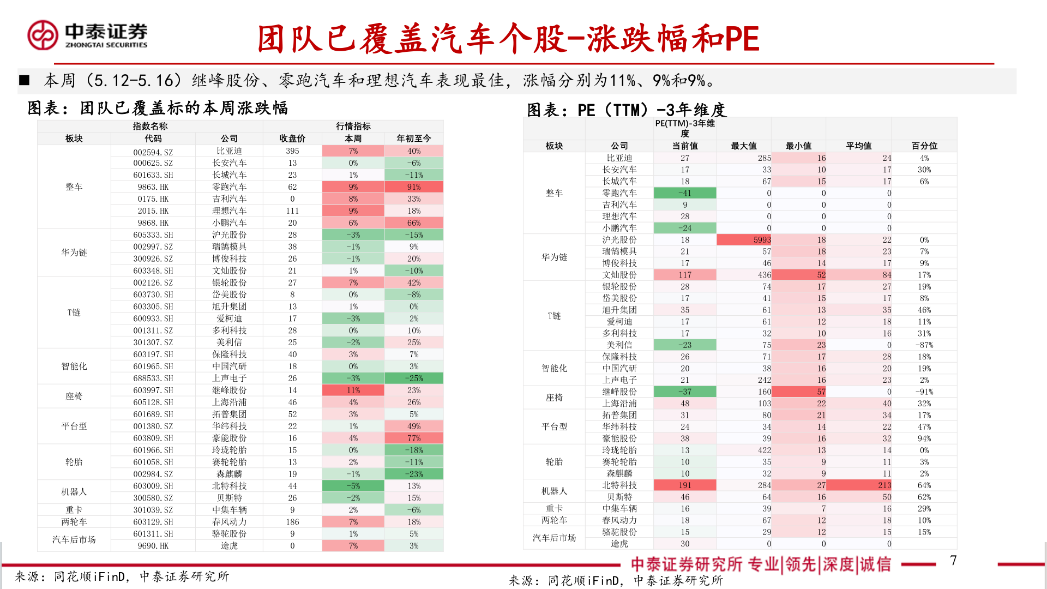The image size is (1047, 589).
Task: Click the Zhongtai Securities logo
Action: click(x=87, y=35)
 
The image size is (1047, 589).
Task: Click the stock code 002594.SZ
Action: click(x=153, y=152)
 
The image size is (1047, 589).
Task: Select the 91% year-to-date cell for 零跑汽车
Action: click(x=413, y=187)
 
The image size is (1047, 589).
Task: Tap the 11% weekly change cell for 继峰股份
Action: click(x=353, y=390)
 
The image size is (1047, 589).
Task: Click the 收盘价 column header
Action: click(x=292, y=139)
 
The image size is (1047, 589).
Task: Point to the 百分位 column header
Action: click(x=924, y=146)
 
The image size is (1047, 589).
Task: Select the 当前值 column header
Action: click(x=684, y=146)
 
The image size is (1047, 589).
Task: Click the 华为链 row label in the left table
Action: click(x=74, y=253)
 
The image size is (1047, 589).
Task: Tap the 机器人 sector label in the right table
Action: click(x=554, y=491)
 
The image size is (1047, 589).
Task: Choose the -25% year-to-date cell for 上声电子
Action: click(x=413, y=378)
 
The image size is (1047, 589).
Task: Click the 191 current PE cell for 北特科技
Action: click(x=684, y=485)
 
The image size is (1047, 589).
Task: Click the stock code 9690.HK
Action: click(x=153, y=546)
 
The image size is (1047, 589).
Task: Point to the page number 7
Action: click(x=953, y=561)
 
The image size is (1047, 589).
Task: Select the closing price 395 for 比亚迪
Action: click(x=292, y=151)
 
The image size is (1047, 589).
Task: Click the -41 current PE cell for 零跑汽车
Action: click(x=684, y=193)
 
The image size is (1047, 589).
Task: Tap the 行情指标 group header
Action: click(x=353, y=127)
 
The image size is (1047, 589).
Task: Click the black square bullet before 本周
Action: click(x=24, y=81)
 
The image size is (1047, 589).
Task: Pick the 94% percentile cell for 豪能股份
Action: click(x=924, y=438)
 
